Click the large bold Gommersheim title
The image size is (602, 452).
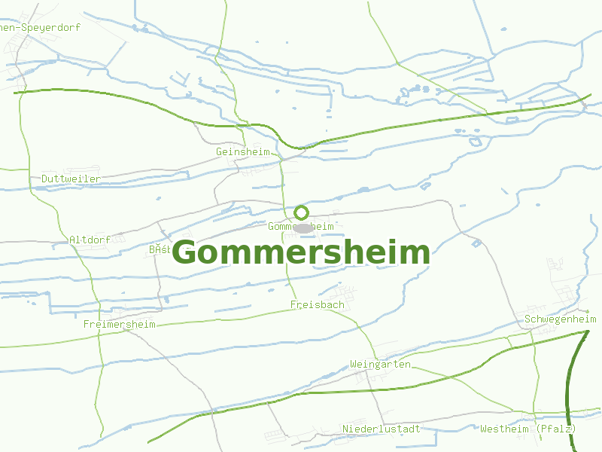[301, 253]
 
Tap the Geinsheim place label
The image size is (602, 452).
[242, 151]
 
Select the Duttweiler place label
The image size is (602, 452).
[71, 179]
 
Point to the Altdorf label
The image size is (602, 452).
[90, 240]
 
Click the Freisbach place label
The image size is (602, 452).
[318, 304]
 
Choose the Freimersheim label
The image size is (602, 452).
[120, 325]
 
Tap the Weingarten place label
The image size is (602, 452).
[380, 365]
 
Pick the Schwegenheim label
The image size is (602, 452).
[561, 319]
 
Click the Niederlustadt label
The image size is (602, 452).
[381, 429]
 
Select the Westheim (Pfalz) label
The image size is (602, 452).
[528, 429]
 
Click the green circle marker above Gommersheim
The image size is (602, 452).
[302, 212]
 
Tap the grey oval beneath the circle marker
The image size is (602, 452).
[303, 228]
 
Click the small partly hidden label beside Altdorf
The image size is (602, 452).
[160, 249]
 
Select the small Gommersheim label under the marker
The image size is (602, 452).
[301, 226]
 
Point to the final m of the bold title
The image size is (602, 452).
[416, 253]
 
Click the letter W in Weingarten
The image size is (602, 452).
[354, 365]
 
